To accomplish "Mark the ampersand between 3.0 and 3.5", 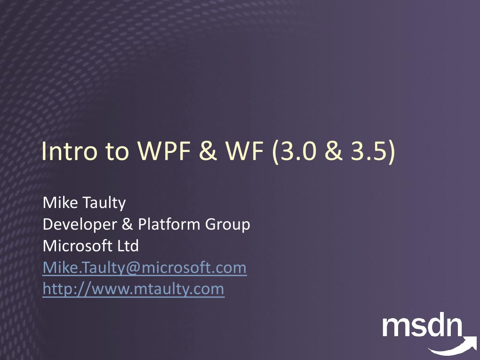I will tap(334, 151).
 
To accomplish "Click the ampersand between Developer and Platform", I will tap(127, 224).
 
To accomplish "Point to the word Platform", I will tap(169, 224).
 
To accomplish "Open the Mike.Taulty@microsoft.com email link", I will tap(144, 268).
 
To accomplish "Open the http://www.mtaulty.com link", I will tap(133, 289).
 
